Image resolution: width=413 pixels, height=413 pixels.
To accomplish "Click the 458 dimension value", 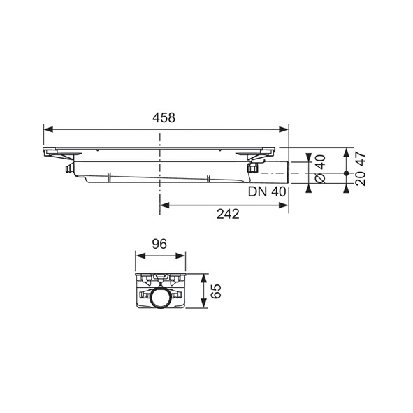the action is click(x=164, y=117).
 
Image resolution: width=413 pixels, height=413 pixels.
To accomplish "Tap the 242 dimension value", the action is click(x=228, y=214).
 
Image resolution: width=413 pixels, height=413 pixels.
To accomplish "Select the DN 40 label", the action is click(x=267, y=191).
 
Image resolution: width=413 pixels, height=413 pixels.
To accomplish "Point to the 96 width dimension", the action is click(x=159, y=244).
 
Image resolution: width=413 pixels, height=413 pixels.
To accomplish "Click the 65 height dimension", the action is click(x=216, y=291).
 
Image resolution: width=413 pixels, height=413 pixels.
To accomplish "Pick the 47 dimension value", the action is click(x=361, y=159).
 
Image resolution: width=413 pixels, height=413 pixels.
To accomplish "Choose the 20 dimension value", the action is click(x=361, y=179).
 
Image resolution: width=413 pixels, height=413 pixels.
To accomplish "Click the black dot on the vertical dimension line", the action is click(x=347, y=173).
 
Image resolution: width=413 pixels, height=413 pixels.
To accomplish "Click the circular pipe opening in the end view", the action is click(x=161, y=298).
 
